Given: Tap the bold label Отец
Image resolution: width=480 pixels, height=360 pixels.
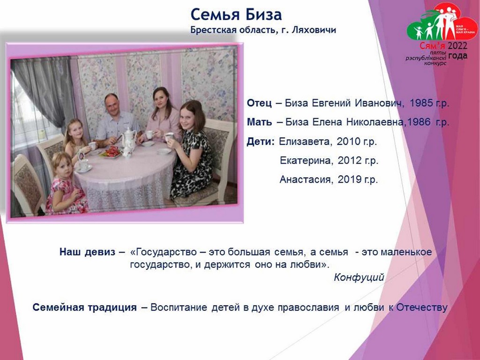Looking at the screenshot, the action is tap(259, 103).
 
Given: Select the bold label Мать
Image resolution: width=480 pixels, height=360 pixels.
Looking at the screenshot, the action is tap(259, 122).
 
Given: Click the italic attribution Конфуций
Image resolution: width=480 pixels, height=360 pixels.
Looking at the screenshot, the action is tap(359, 277).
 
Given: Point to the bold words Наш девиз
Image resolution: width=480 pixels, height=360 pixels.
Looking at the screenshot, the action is tap(88, 252).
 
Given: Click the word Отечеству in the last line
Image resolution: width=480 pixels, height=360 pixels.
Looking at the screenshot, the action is tap(422, 307).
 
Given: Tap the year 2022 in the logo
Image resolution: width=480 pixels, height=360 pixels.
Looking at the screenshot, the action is tap(457, 46).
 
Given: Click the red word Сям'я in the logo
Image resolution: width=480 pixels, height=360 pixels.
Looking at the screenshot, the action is tap(432, 46).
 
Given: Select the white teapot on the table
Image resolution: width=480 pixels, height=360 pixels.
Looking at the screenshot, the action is tap(129, 141).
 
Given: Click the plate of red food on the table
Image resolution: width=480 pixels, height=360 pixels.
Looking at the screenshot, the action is tap(111, 152).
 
